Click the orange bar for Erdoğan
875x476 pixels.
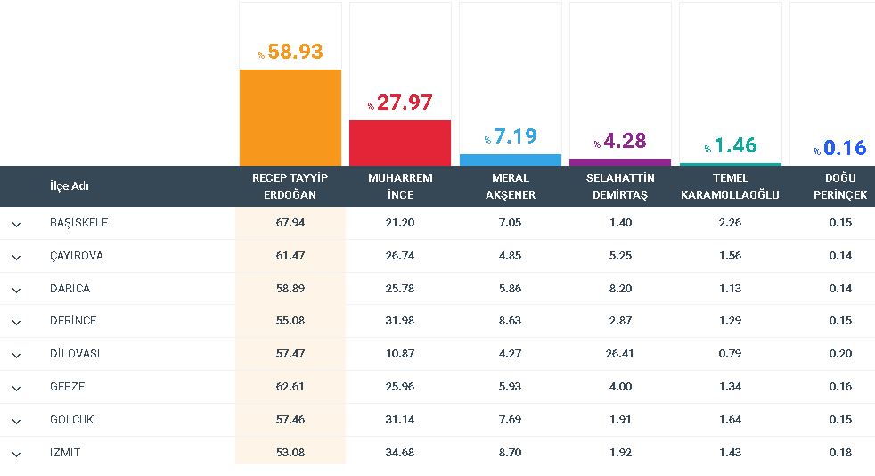(x=290, y=118)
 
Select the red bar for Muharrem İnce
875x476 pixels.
(x=400, y=143)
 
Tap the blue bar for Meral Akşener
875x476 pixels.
(x=510, y=160)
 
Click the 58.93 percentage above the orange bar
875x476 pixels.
(x=290, y=52)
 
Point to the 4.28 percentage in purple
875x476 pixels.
(x=620, y=141)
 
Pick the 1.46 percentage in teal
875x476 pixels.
(x=730, y=145)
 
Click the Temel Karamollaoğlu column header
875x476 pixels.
(x=730, y=186)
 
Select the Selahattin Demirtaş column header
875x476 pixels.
(x=620, y=186)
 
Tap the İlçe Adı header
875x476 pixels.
(x=70, y=185)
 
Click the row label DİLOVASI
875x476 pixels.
(x=75, y=354)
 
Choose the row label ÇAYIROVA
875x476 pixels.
(x=77, y=256)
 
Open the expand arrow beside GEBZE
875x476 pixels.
(x=17, y=388)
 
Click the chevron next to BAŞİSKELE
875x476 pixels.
(x=17, y=224)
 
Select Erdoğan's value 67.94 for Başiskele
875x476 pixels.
(x=290, y=223)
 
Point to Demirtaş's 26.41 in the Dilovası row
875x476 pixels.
(x=620, y=354)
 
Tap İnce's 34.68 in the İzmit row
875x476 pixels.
(x=400, y=453)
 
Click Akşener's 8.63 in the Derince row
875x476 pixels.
(x=510, y=321)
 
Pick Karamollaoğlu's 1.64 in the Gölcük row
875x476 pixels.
(x=730, y=420)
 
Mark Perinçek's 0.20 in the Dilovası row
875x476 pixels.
(x=840, y=354)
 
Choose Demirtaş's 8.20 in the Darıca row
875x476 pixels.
(x=620, y=289)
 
